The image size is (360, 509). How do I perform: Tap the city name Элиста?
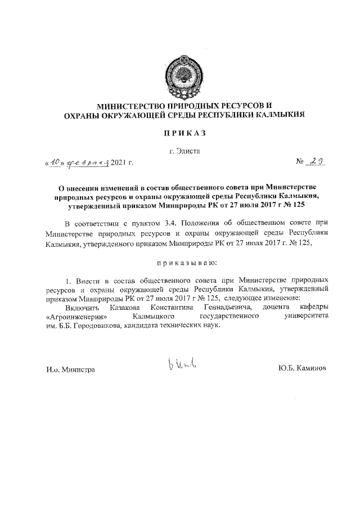tap(188, 151)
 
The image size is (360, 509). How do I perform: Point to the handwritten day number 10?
tap(55, 163)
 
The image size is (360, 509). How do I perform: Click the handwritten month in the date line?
tap(85, 163)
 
